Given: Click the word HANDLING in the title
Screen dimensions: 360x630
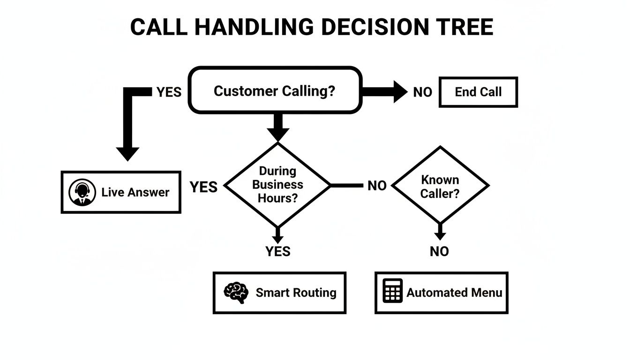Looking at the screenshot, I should (x=253, y=27).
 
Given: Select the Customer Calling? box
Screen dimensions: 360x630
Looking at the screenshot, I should (x=275, y=90).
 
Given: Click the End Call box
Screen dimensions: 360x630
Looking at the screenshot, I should (x=478, y=92).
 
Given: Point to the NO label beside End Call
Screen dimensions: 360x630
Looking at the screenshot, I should (x=422, y=92).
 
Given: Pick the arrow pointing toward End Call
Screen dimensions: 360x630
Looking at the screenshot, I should (x=384, y=91).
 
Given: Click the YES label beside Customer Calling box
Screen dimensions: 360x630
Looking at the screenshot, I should (x=169, y=92).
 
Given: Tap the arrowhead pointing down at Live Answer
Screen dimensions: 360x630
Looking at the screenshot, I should (x=127, y=153).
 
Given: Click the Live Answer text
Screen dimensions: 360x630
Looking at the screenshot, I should (x=135, y=192).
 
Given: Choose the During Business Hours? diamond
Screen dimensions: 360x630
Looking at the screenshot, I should (x=277, y=185).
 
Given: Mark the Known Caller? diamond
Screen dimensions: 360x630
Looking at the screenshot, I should (x=440, y=186).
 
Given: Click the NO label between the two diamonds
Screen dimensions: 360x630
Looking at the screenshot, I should (x=377, y=186).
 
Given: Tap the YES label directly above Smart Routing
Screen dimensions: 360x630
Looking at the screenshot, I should (x=278, y=252).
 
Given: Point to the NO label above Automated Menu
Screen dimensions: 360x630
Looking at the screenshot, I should (x=439, y=252).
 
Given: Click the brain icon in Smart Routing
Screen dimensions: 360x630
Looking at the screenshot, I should (x=236, y=292).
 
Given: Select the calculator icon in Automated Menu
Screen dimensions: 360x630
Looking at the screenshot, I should (x=392, y=291).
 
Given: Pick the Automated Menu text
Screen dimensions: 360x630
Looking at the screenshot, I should (x=454, y=292).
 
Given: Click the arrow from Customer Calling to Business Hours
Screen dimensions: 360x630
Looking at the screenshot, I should (x=278, y=127).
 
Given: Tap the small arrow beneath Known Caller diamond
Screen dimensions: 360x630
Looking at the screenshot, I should (x=440, y=232).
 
